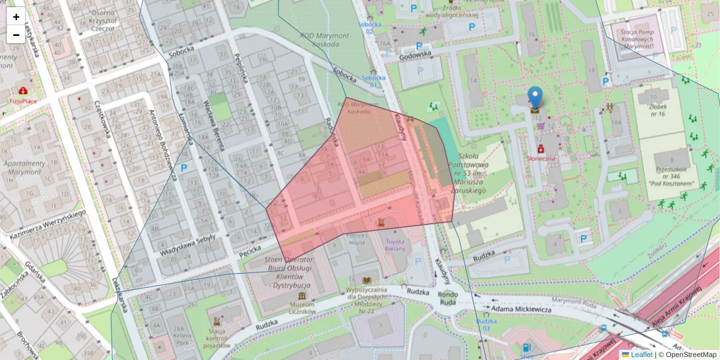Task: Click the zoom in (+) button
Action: tap(16, 17)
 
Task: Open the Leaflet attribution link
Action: tap(641, 355)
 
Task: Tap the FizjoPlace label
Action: tap(22, 101)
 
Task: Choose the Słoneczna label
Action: tap(541, 158)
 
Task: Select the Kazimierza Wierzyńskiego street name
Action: tap(49, 223)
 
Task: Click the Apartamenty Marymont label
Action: tap(25, 167)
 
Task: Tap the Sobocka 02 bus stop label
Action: tap(370, 28)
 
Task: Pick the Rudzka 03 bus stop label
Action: tap(487, 325)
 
